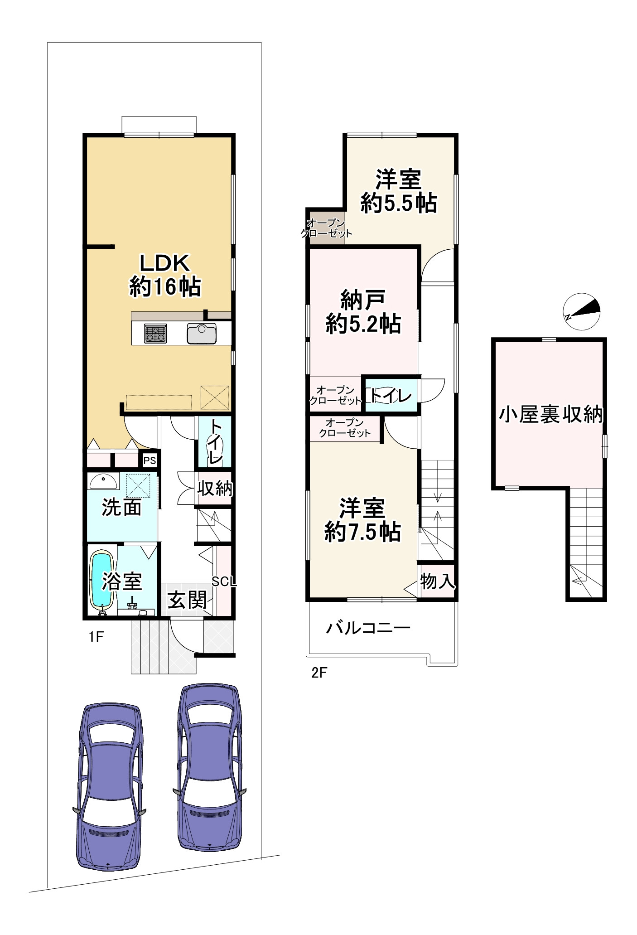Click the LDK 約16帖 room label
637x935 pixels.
point(165,275)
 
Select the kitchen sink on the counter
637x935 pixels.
point(202,334)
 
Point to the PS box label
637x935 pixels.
point(150,460)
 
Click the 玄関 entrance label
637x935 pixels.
point(187,600)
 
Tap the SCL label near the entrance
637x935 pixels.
point(224,581)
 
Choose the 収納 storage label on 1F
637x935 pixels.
point(215,488)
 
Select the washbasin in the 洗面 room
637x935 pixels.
point(103,481)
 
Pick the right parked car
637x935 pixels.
point(209,767)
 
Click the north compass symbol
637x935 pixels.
point(582,311)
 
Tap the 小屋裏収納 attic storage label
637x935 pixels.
point(551,414)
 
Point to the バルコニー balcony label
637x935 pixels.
point(368,628)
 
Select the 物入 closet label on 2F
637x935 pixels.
point(437,581)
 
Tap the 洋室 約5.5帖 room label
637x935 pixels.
point(399,191)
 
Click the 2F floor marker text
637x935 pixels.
point(319,673)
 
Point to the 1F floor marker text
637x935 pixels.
point(96,637)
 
